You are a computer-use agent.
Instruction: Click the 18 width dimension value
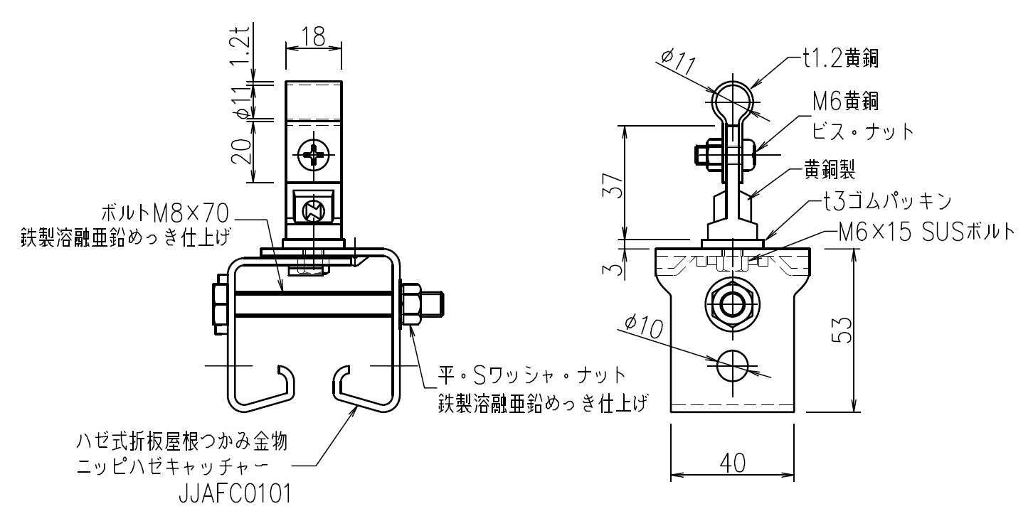point(314,36)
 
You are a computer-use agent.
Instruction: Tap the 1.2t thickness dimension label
point(241,45)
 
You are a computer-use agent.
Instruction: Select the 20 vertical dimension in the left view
point(241,151)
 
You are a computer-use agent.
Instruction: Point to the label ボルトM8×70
point(164,213)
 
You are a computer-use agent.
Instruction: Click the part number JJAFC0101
point(235,494)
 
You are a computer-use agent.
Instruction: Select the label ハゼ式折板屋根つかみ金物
point(182,441)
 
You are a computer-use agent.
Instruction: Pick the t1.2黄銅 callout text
point(841,58)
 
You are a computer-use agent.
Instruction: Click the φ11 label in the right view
point(677,62)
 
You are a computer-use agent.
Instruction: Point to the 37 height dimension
point(613,185)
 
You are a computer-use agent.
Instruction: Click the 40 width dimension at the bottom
point(732,463)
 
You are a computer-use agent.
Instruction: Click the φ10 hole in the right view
point(732,366)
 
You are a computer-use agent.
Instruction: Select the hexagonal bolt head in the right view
point(732,304)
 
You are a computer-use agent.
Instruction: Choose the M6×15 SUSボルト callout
point(926,232)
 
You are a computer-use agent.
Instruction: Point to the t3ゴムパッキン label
point(888,201)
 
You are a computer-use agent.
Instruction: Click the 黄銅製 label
point(830,169)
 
